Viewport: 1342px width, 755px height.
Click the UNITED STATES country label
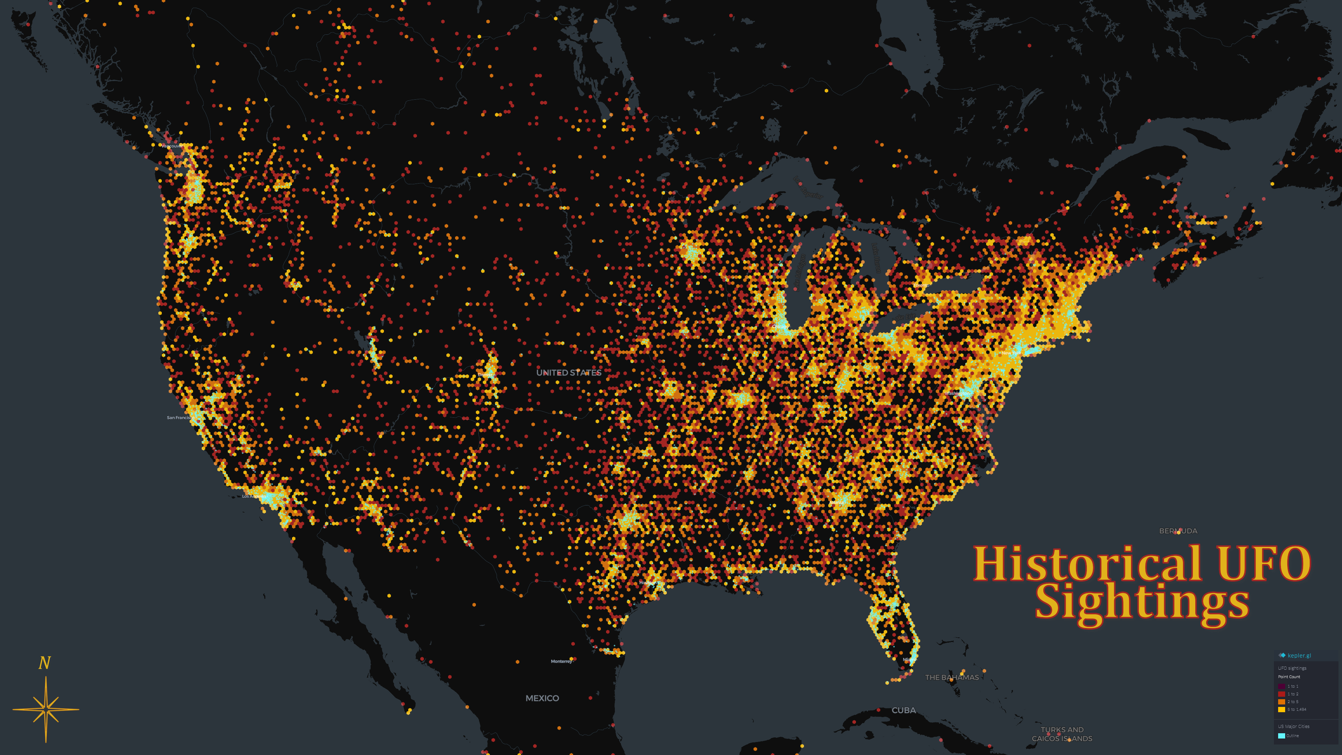tap(569, 372)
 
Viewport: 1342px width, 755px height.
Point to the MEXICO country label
tap(542, 698)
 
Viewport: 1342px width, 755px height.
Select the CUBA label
tap(903, 710)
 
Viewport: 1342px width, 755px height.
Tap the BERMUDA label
tap(1178, 531)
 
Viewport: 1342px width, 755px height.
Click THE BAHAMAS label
tap(952, 677)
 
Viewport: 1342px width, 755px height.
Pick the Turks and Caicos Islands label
tap(1062, 734)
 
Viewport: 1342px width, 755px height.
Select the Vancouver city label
tap(172, 146)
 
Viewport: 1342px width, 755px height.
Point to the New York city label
tap(1011, 353)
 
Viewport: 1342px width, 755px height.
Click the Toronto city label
tap(921, 285)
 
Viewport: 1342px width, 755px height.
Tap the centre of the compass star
tap(46, 709)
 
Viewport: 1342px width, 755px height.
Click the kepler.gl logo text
tap(1299, 655)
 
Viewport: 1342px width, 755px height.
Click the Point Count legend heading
tap(1289, 677)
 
